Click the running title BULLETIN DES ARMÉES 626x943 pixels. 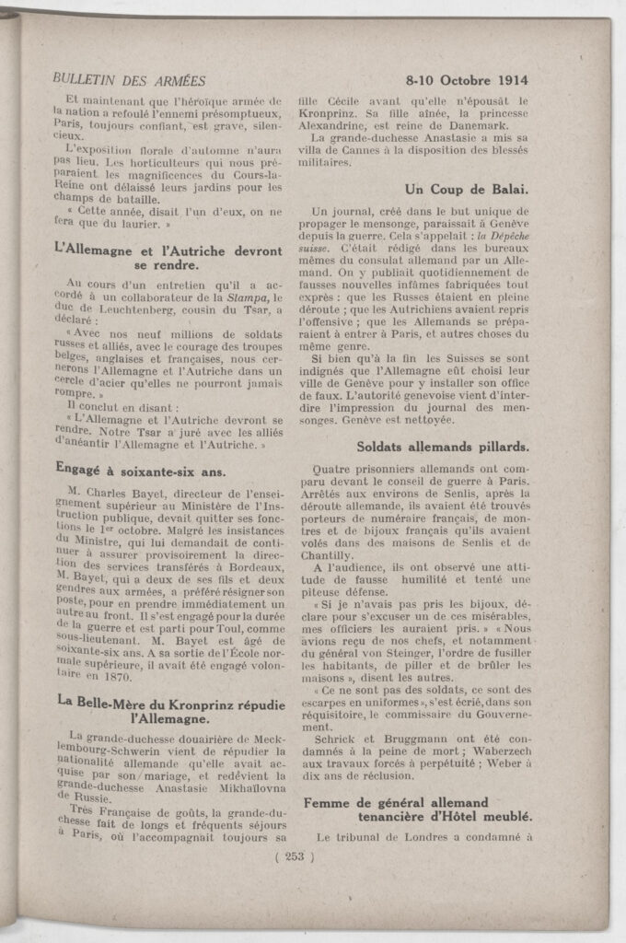[129, 80]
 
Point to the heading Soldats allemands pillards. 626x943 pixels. [443, 447]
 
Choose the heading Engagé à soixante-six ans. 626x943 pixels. [135, 467]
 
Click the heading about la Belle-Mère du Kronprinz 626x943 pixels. [167, 709]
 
